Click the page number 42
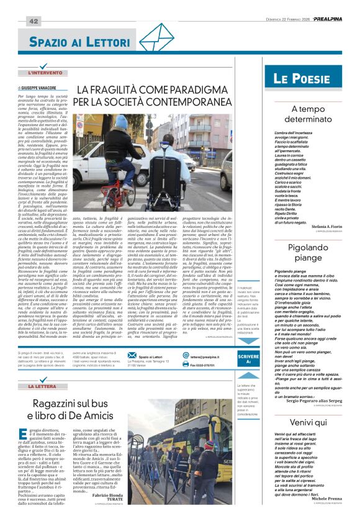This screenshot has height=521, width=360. [x=33, y=21]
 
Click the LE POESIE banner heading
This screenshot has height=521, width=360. [x=302, y=79]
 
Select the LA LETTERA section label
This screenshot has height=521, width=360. [x=47, y=386]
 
